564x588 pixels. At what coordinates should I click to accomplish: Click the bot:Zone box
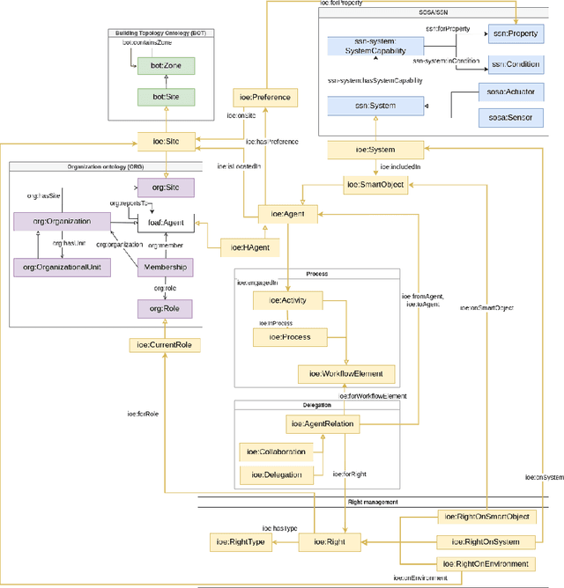click(167, 67)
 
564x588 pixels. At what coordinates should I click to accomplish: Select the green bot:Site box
click(167, 97)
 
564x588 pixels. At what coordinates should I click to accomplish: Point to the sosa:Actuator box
click(516, 92)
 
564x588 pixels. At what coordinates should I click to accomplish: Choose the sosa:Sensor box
click(516, 115)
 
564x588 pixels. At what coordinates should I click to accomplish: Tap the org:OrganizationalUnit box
click(62, 266)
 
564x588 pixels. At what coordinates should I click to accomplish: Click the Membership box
click(167, 266)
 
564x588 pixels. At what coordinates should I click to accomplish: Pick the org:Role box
click(167, 308)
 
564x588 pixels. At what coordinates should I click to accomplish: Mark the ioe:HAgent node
click(249, 247)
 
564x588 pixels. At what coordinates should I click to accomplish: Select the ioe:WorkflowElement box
click(345, 374)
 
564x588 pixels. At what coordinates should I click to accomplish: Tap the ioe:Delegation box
click(276, 474)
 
